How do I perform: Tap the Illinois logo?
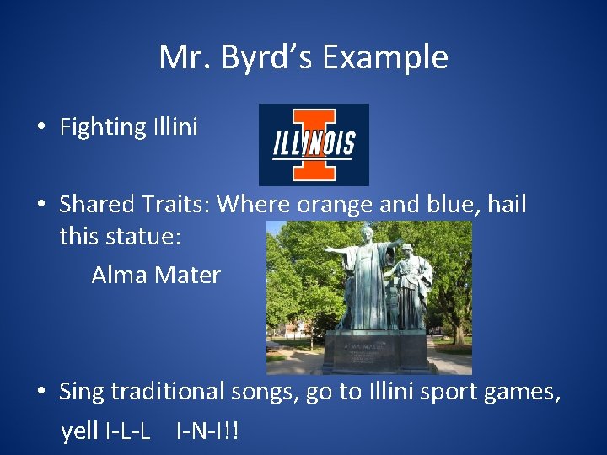click(x=314, y=144)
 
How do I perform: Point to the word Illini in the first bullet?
click(x=175, y=127)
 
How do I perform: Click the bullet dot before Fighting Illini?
click(x=40, y=128)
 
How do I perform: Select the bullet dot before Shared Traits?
click(x=40, y=205)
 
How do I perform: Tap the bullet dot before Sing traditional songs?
click(x=40, y=391)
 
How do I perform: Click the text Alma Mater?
click(x=156, y=275)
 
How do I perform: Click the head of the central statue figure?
click(x=368, y=235)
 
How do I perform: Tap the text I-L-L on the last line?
click(x=128, y=431)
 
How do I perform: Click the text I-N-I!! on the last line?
click(x=207, y=431)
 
